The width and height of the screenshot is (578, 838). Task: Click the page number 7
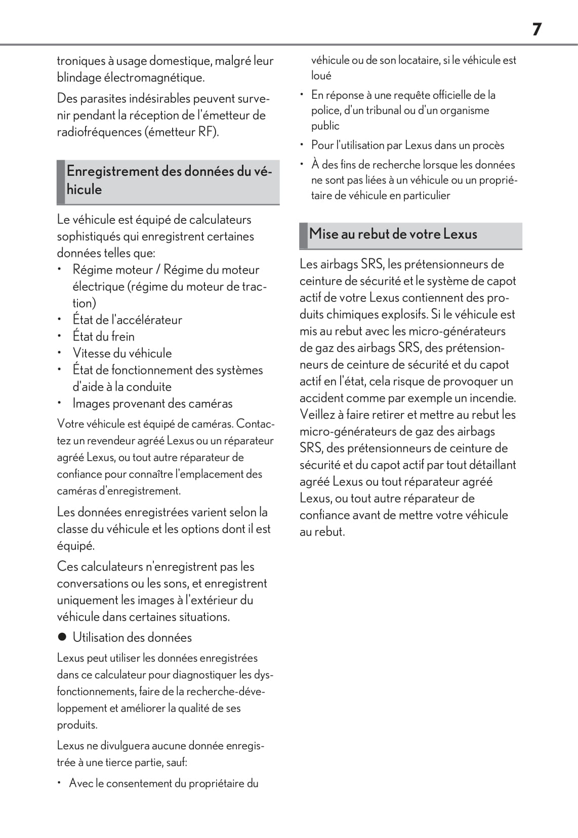click(536, 29)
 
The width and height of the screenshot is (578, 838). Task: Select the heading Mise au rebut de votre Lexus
click(393, 234)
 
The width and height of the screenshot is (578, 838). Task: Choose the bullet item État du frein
click(103, 336)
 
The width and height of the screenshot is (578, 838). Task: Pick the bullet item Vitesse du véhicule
click(122, 353)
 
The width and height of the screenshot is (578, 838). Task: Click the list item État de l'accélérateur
click(127, 320)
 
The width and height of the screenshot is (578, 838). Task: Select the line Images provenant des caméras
click(152, 403)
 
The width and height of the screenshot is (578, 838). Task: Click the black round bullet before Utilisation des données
click(62, 637)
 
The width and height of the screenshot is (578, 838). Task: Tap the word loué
click(321, 76)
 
